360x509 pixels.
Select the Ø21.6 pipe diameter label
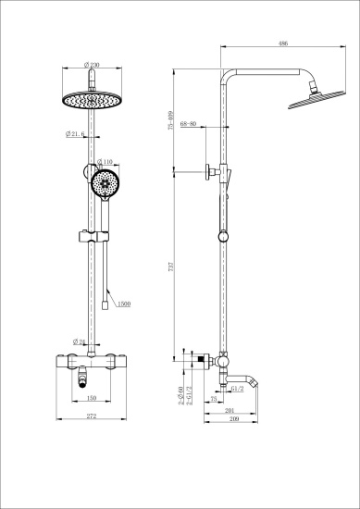pyautogui.click(x=77, y=135)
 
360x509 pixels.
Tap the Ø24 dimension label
pyautogui.click(x=81, y=341)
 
